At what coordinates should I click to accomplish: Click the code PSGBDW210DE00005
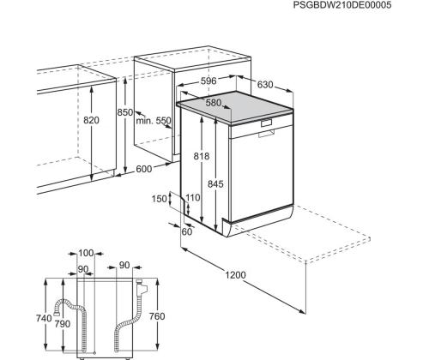click(342, 5)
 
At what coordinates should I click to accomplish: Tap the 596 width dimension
click(208, 81)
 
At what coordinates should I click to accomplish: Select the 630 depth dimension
click(265, 85)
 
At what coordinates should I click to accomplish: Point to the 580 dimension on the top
click(214, 103)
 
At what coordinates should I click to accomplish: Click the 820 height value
click(91, 120)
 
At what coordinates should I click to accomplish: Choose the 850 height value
click(125, 112)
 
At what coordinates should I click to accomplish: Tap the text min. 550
click(154, 121)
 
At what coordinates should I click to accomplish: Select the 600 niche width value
click(143, 169)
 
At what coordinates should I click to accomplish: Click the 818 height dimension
click(202, 156)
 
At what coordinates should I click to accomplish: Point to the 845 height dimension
click(215, 184)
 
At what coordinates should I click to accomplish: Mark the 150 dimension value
click(159, 199)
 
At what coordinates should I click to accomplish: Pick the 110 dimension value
click(193, 197)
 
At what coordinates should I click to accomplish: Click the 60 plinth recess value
click(187, 231)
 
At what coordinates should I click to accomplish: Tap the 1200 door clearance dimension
click(235, 275)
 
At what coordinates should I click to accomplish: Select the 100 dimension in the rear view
click(86, 253)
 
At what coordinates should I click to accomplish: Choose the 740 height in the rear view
click(44, 318)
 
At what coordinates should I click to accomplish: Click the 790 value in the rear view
click(63, 324)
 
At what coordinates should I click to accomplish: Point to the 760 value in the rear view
click(157, 316)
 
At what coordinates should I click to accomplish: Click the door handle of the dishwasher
click(267, 134)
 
